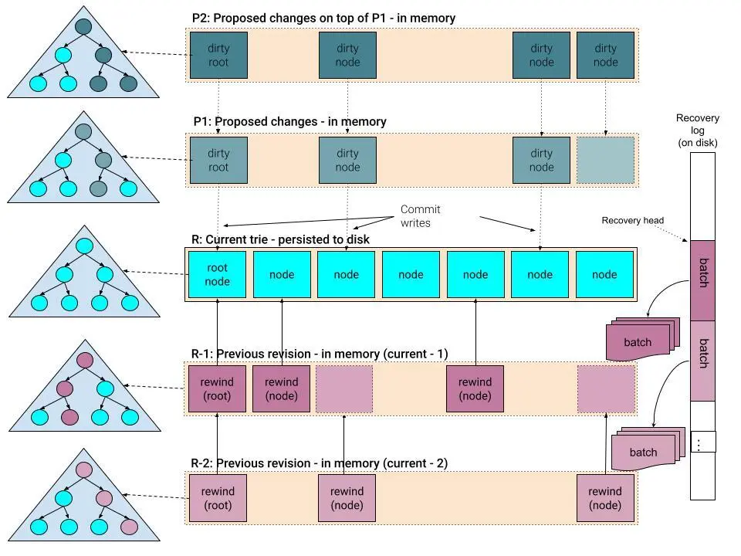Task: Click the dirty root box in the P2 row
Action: [218, 55]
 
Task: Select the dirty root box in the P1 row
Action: [218, 160]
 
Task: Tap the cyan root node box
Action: [218, 274]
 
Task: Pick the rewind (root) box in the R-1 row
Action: [218, 388]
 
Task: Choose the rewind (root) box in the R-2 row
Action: [218, 498]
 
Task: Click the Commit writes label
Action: [420, 216]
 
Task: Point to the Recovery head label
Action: [632, 221]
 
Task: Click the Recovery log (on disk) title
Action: [697, 131]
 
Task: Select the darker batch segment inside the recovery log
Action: [702, 280]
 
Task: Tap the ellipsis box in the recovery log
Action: [702, 442]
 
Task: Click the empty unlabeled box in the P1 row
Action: [605, 160]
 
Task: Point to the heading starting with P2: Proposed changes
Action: [323, 17]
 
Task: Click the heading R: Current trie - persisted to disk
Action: [280, 239]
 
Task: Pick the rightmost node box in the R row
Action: [604, 274]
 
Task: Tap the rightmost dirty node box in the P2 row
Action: [605, 55]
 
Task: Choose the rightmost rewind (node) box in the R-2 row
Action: [604, 498]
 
